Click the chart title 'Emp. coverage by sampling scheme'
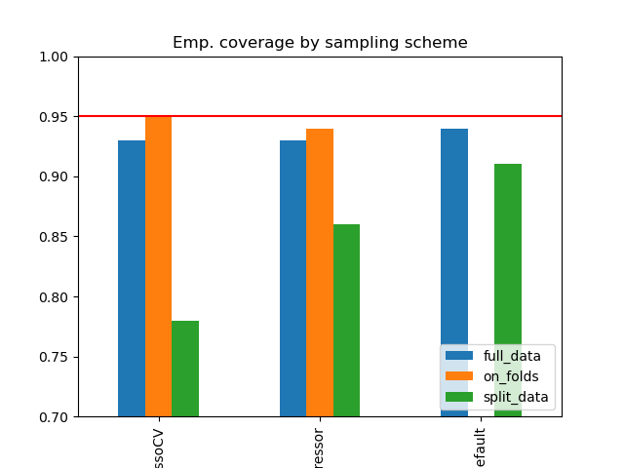pos(320,43)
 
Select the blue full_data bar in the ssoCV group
pos(132,278)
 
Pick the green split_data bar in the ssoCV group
pos(185,369)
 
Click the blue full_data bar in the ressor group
pos(292,278)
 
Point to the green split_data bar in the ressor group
pos(346,320)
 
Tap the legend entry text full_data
pos(512,356)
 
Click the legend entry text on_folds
pos(511,376)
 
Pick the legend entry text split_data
pos(514,397)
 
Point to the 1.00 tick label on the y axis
pos(55,57)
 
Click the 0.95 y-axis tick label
pos(55,117)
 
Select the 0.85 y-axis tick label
pos(55,237)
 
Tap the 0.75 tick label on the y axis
pos(55,357)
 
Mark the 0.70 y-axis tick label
pos(55,417)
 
